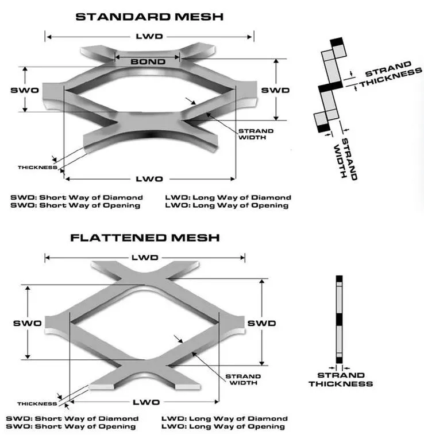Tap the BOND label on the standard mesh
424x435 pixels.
(148, 61)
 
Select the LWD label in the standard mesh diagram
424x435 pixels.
(149, 36)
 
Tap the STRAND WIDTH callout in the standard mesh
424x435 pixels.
(256, 134)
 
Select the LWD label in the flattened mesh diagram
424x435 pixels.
(145, 258)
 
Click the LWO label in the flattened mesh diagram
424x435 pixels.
(146, 402)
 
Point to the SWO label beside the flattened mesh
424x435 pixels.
(27, 323)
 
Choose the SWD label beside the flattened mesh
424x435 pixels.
(261, 323)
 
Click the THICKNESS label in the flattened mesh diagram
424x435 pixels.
(37, 403)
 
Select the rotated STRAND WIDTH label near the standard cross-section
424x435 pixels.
(345, 158)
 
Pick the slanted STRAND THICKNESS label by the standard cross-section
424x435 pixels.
(391, 75)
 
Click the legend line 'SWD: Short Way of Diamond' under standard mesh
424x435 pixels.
(76, 197)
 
